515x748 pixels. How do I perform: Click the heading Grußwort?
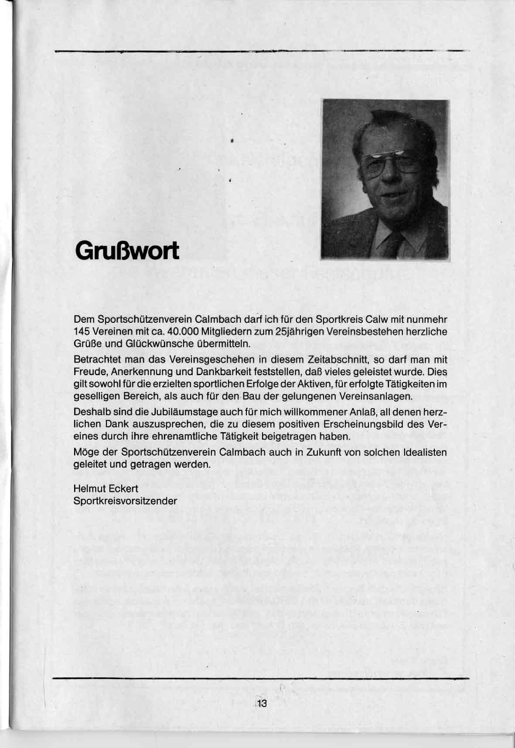127,251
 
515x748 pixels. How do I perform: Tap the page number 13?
263,704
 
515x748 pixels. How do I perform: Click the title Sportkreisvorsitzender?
126,501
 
